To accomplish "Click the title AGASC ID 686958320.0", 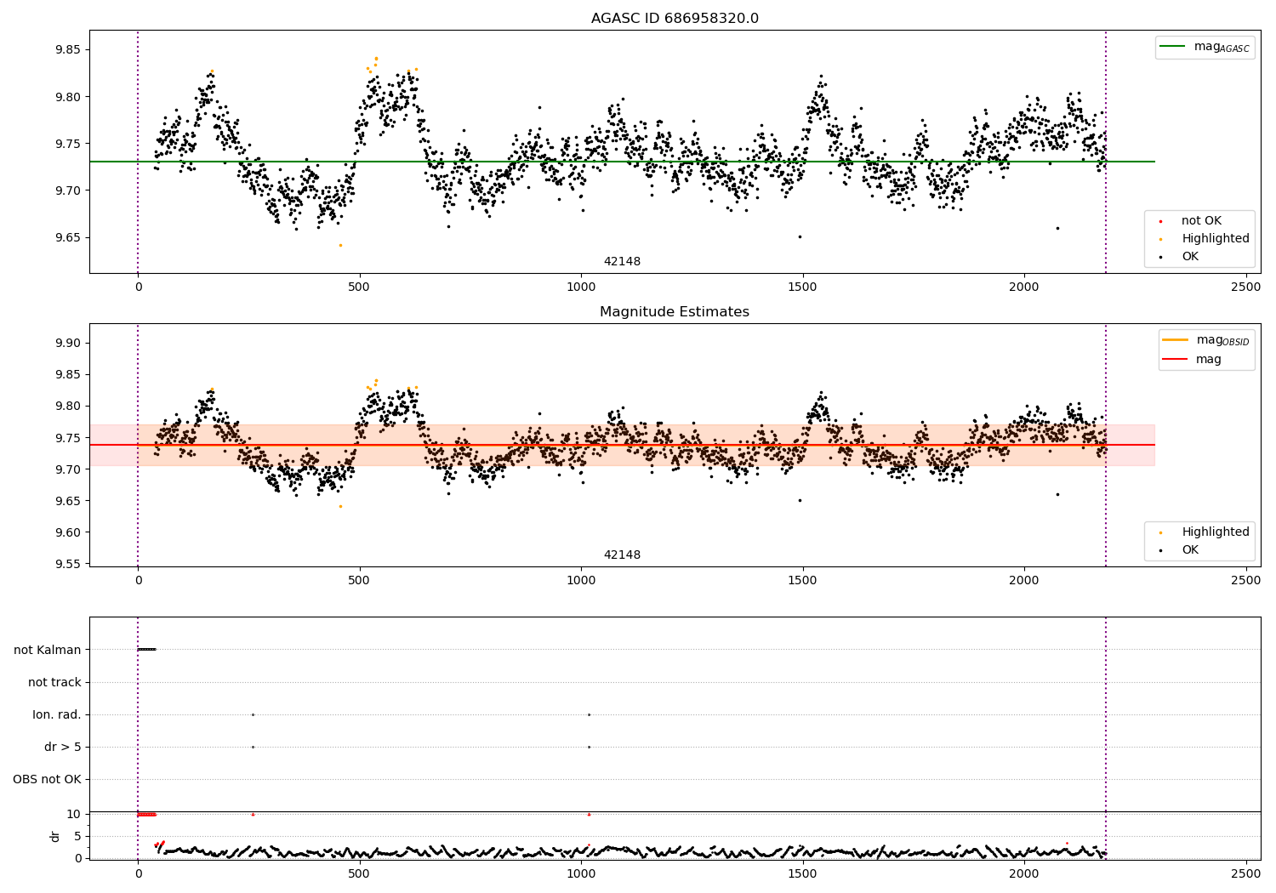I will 675,19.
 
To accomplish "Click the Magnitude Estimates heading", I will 675,312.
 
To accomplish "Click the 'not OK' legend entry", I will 1200,221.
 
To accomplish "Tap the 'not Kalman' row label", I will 48,650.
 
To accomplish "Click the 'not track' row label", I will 54,682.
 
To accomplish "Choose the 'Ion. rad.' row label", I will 57,714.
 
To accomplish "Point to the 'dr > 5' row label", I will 63,747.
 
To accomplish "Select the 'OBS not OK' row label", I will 48,779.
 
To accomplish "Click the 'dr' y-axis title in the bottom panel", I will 55,836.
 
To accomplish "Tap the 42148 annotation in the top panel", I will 622,261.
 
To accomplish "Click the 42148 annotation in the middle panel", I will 622,555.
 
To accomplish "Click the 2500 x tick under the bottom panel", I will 1246,873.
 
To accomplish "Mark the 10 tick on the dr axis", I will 74,814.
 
